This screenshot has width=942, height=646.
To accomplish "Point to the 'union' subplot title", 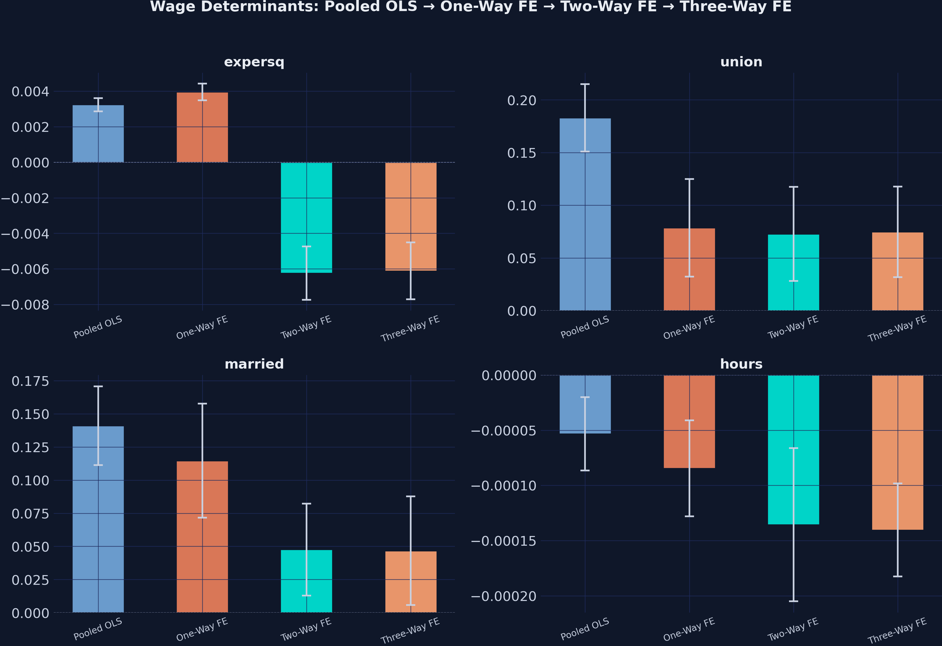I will [x=741, y=62].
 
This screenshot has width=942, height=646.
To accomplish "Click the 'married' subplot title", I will [x=254, y=364].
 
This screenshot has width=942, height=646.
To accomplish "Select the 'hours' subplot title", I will [x=741, y=364].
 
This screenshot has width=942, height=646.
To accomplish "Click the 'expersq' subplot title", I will [x=254, y=62].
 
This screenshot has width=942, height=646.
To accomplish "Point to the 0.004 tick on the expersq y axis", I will [x=30, y=91].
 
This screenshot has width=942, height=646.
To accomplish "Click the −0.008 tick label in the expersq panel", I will [x=25, y=305].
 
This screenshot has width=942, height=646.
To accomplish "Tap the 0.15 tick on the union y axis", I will [x=522, y=153].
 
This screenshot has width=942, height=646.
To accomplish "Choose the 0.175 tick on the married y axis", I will [x=30, y=381].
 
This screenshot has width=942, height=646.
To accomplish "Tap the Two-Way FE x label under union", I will [x=793, y=327].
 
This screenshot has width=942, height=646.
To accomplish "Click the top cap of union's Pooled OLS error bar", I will [x=585, y=84].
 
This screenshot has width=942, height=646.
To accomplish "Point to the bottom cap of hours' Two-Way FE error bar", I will [x=793, y=601].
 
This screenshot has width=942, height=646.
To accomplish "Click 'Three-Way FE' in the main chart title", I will [x=735, y=6].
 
